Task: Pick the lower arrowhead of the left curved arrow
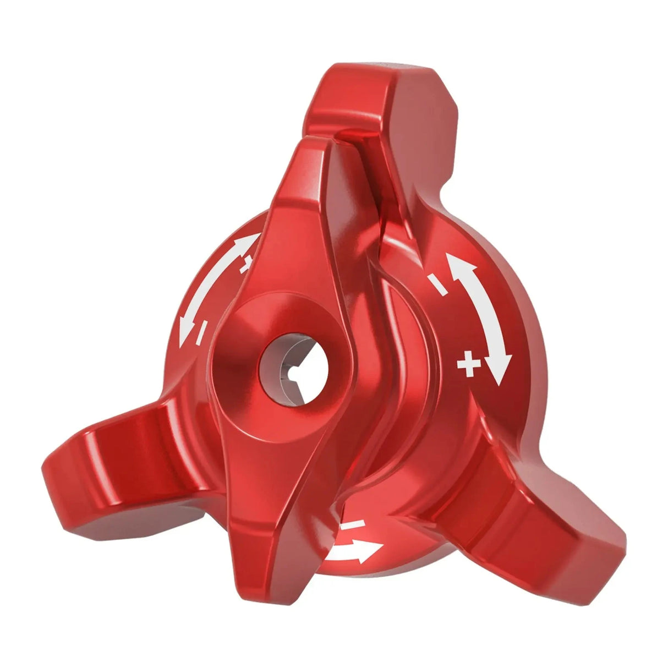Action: [186, 334]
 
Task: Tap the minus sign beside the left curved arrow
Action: [201, 331]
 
